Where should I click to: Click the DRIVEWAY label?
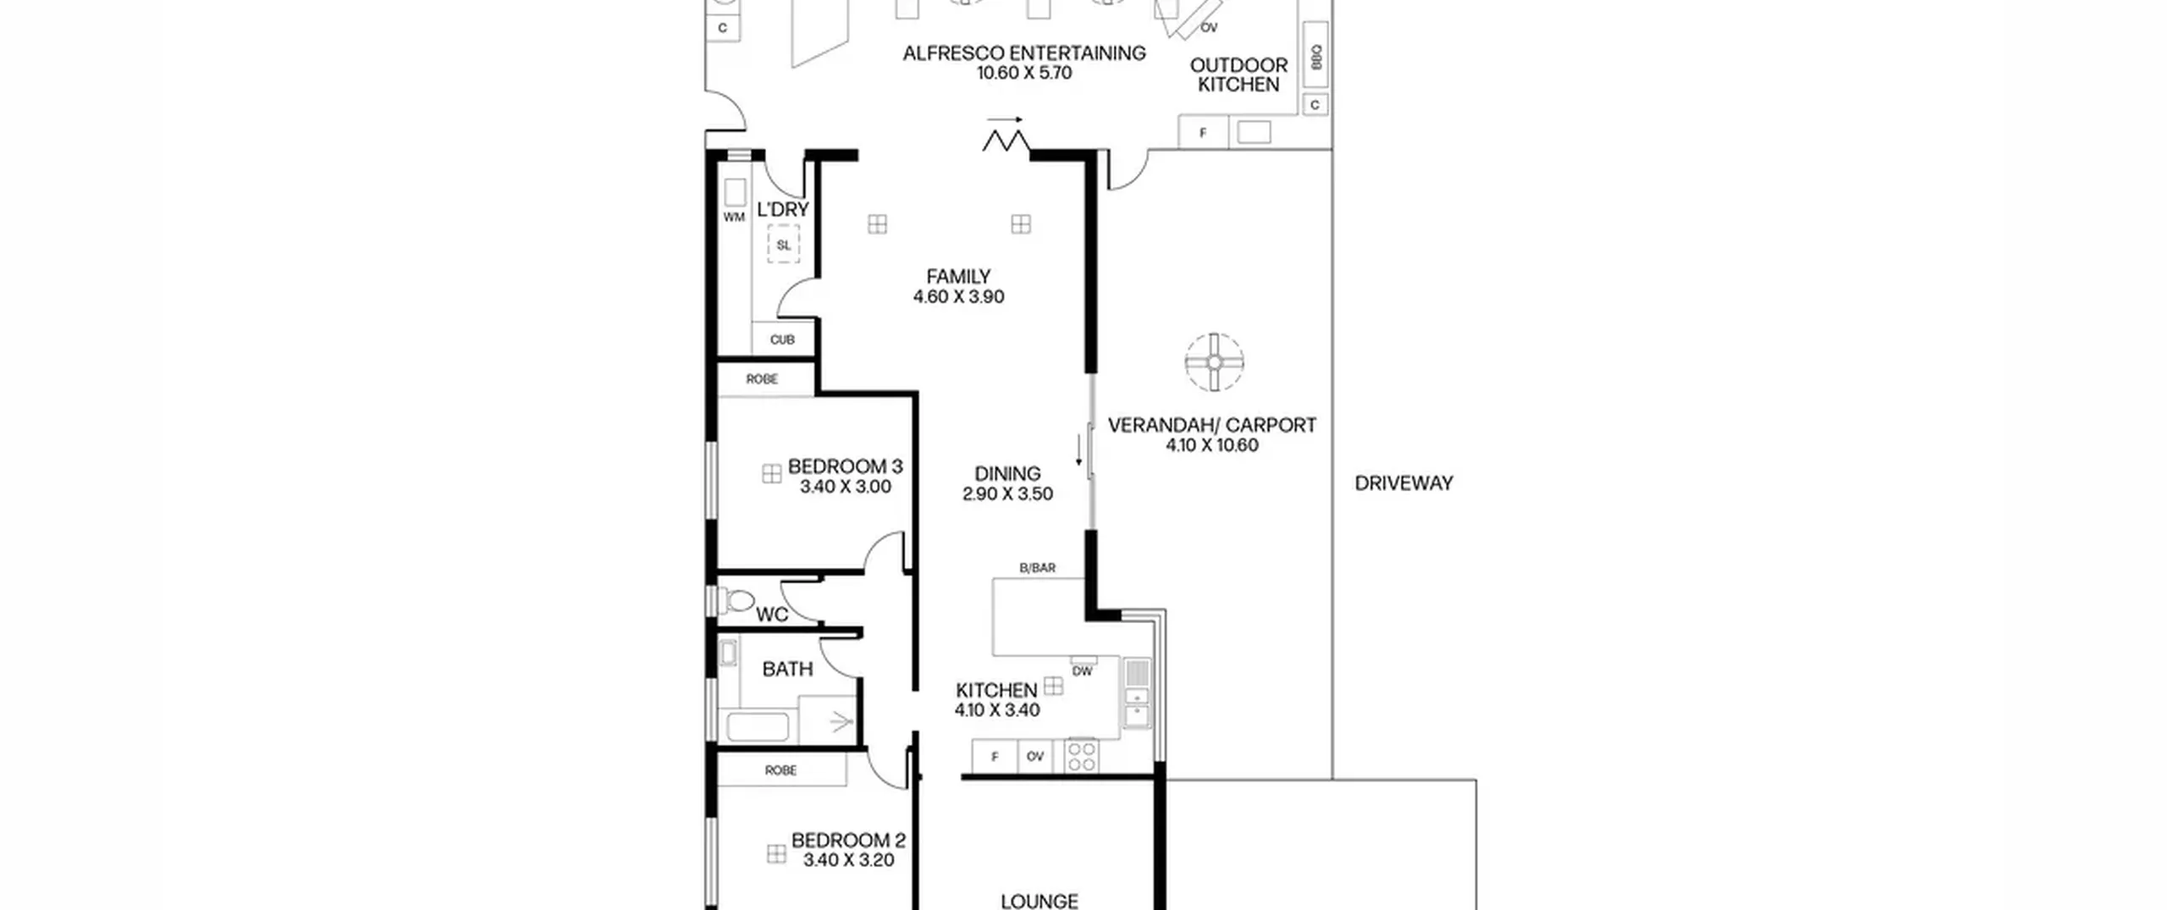1403,483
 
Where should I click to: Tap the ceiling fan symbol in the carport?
1214,362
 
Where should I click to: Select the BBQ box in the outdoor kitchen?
1315,58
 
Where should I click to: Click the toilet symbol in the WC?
737,601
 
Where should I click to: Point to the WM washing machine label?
734,218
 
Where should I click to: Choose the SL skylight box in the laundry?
783,245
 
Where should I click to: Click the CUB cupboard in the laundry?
783,339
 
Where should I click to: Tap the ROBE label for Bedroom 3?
762,379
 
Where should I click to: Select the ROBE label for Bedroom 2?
780,770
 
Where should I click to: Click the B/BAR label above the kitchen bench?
1038,568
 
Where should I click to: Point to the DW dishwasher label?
1083,671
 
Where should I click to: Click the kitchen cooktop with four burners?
1082,756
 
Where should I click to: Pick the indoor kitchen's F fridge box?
995,756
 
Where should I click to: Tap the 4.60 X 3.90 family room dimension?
958,297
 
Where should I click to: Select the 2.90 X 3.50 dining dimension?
1007,494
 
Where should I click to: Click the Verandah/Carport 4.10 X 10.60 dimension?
1212,445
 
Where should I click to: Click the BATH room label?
787,670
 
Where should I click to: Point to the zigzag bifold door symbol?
1006,141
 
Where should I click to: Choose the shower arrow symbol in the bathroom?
841,722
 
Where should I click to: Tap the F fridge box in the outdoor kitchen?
1203,133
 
